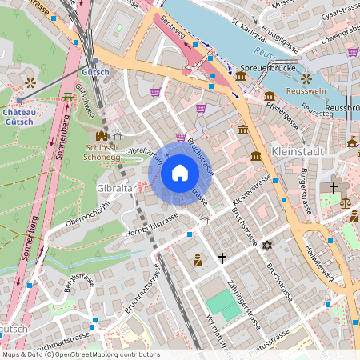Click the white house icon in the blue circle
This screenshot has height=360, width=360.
[x=180, y=172]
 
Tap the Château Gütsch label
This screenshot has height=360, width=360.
[x=18, y=117]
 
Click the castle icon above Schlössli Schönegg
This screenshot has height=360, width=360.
[x=102, y=136]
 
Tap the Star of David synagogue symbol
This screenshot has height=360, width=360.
[x=268, y=245]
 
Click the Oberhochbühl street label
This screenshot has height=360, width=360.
[x=87, y=214]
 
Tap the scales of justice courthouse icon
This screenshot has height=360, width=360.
[x=346, y=202]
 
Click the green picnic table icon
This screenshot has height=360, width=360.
[x=66, y=97]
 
